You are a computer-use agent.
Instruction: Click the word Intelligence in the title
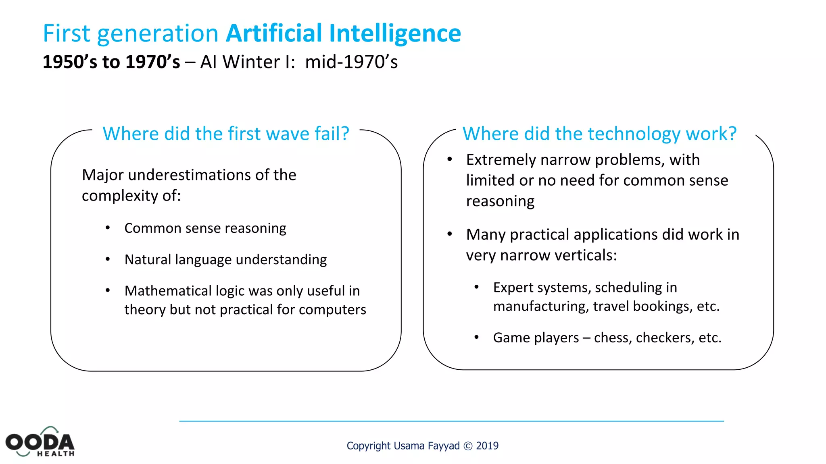click(x=395, y=34)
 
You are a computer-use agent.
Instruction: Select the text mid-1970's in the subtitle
click(x=351, y=62)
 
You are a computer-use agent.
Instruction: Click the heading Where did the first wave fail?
click(x=226, y=134)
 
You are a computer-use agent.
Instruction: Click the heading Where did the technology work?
click(x=599, y=134)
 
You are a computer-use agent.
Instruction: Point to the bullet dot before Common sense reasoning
click(x=108, y=228)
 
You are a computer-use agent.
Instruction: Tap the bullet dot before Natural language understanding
click(x=108, y=259)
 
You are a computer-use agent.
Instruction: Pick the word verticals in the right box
click(x=586, y=255)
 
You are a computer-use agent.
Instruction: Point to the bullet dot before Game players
click(x=477, y=337)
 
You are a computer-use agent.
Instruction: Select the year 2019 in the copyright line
click(x=487, y=446)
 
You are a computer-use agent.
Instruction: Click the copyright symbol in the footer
click(x=468, y=446)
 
